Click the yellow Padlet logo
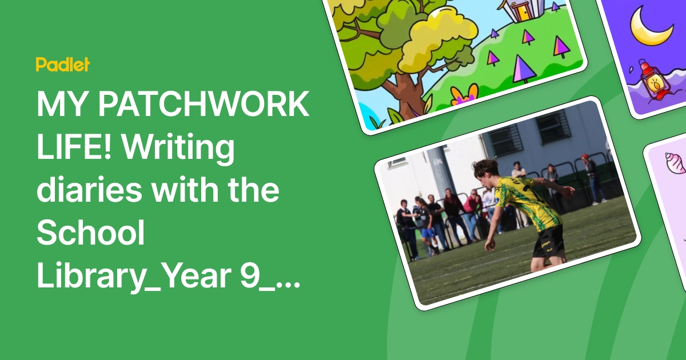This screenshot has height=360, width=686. tap(62, 65)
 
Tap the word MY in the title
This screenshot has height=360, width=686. tap(59, 105)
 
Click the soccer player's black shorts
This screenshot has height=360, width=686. tap(548, 241)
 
